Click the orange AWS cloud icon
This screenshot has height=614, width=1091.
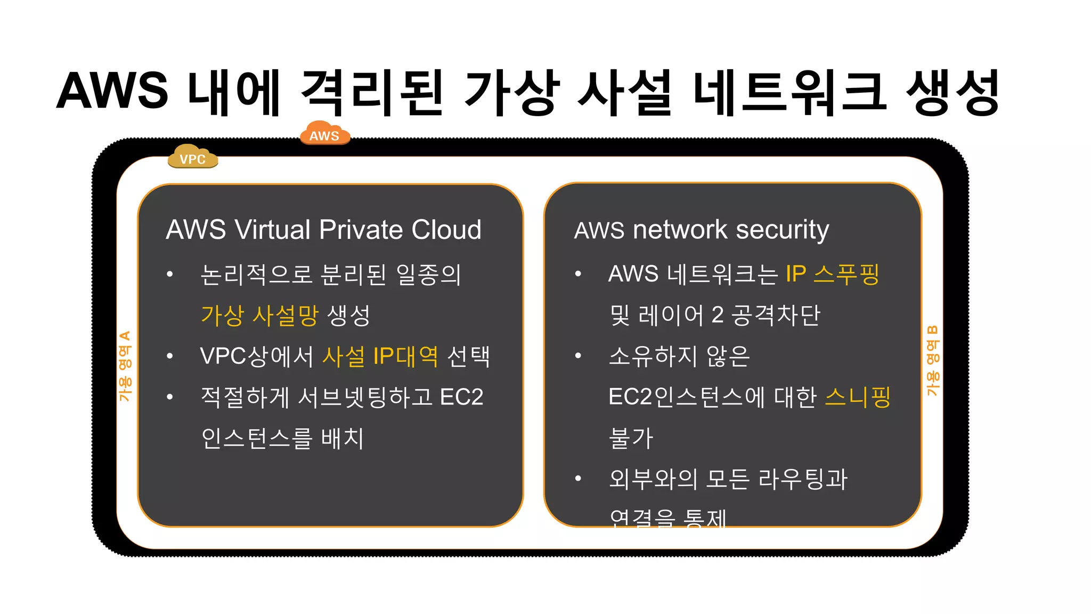[324, 133]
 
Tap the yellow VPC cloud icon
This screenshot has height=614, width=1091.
[192, 157]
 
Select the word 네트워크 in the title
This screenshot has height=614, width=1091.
[789, 92]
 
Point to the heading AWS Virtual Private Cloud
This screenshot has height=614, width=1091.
[323, 230]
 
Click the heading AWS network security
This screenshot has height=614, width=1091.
[701, 230]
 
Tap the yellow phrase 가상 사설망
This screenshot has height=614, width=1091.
[259, 315]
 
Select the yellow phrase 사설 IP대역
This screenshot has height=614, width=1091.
[380, 356]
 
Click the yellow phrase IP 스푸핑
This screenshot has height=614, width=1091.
[832, 274]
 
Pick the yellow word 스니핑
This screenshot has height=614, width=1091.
[858, 397]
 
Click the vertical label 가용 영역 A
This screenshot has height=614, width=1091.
[125, 366]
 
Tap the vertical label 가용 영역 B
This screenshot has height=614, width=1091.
[932, 361]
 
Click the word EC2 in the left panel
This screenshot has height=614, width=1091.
[461, 397]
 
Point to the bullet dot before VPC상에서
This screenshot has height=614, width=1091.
[170, 356]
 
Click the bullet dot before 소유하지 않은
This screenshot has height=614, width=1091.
[578, 356]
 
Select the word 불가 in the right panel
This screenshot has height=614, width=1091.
[631, 438]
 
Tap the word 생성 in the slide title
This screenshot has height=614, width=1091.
[952, 92]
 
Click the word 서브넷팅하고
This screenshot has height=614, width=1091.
[365, 397]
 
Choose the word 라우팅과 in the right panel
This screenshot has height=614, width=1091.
[803, 479]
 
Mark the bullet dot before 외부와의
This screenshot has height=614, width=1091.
[578, 479]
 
